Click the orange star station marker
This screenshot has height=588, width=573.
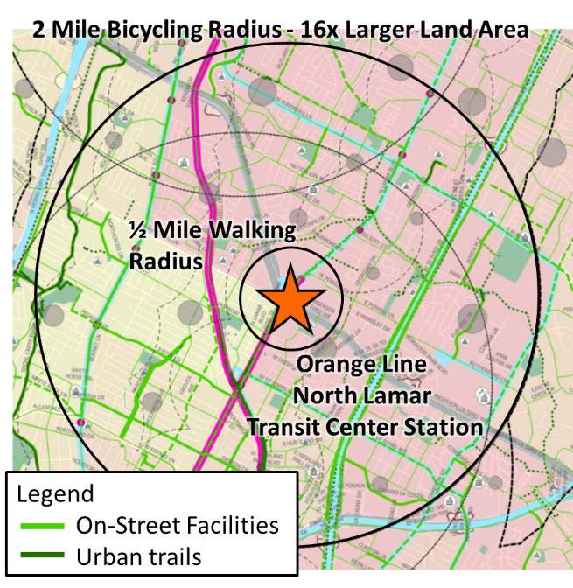[290, 297]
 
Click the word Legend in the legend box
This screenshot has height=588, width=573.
[55, 493]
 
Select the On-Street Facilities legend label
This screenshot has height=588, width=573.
[177, 525]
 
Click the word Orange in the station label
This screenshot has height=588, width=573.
[334, 364]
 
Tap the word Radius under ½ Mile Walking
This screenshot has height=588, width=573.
[166, 262]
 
